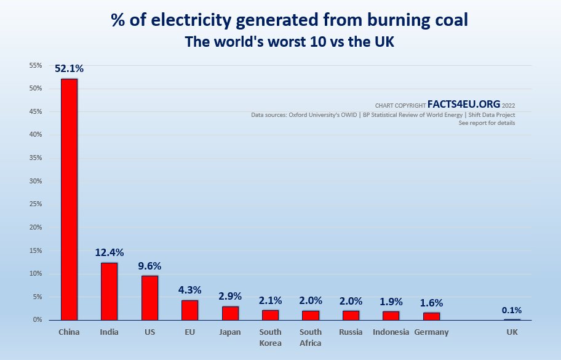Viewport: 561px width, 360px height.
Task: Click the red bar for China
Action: (x=69, y=199)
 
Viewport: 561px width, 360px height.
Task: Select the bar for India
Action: (x=109, y=291)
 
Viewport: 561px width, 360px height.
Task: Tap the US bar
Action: (x=149, y=298)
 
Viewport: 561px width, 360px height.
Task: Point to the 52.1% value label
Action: (x=69, y=69)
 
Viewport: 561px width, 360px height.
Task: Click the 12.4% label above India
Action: (x=109, y=252)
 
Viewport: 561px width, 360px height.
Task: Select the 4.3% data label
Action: (x=189, y=289)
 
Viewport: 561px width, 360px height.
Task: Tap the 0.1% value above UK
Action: (x=512, y=310)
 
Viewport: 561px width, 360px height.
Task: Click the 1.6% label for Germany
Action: (x=431, y=303)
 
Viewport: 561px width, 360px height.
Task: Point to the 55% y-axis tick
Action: (x=34, y=65)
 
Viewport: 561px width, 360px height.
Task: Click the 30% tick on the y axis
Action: (x=34, y=181)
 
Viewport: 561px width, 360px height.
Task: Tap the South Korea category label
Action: (x=270, y=337)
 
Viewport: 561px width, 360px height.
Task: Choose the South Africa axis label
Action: (x=311, y=337)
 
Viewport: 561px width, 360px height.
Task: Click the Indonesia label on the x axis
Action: (x=391, y=332)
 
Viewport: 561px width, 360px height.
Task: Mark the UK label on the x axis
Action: (x=512, y=332)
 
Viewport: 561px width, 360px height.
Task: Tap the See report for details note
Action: (x=487, y=123)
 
